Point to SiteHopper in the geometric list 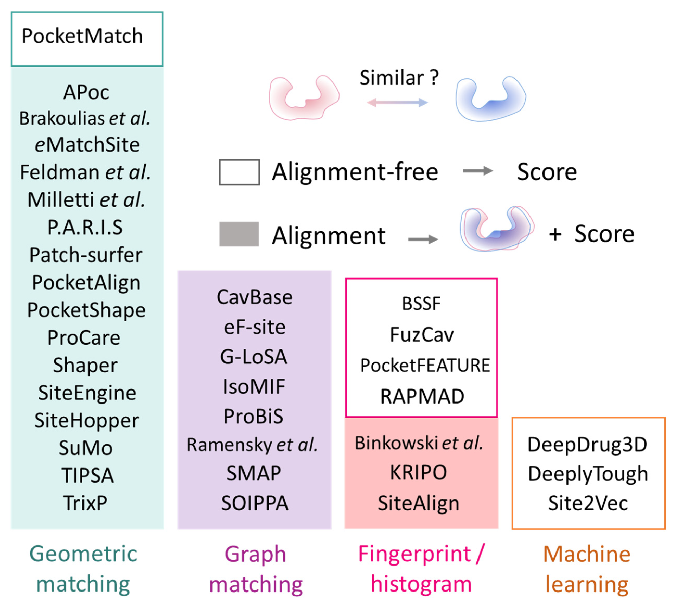point(87,421)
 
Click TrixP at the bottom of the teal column point(85,503)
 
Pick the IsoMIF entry point(254,387)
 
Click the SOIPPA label point(255,503)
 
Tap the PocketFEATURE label point(425,365)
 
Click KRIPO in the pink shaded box point(418,473)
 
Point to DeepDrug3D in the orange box point(587,445)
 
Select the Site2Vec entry point(588,503)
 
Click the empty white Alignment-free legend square point(239,172)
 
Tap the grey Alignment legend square point(239,234)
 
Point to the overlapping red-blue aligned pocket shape point(497,229)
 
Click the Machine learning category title point(587,569)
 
